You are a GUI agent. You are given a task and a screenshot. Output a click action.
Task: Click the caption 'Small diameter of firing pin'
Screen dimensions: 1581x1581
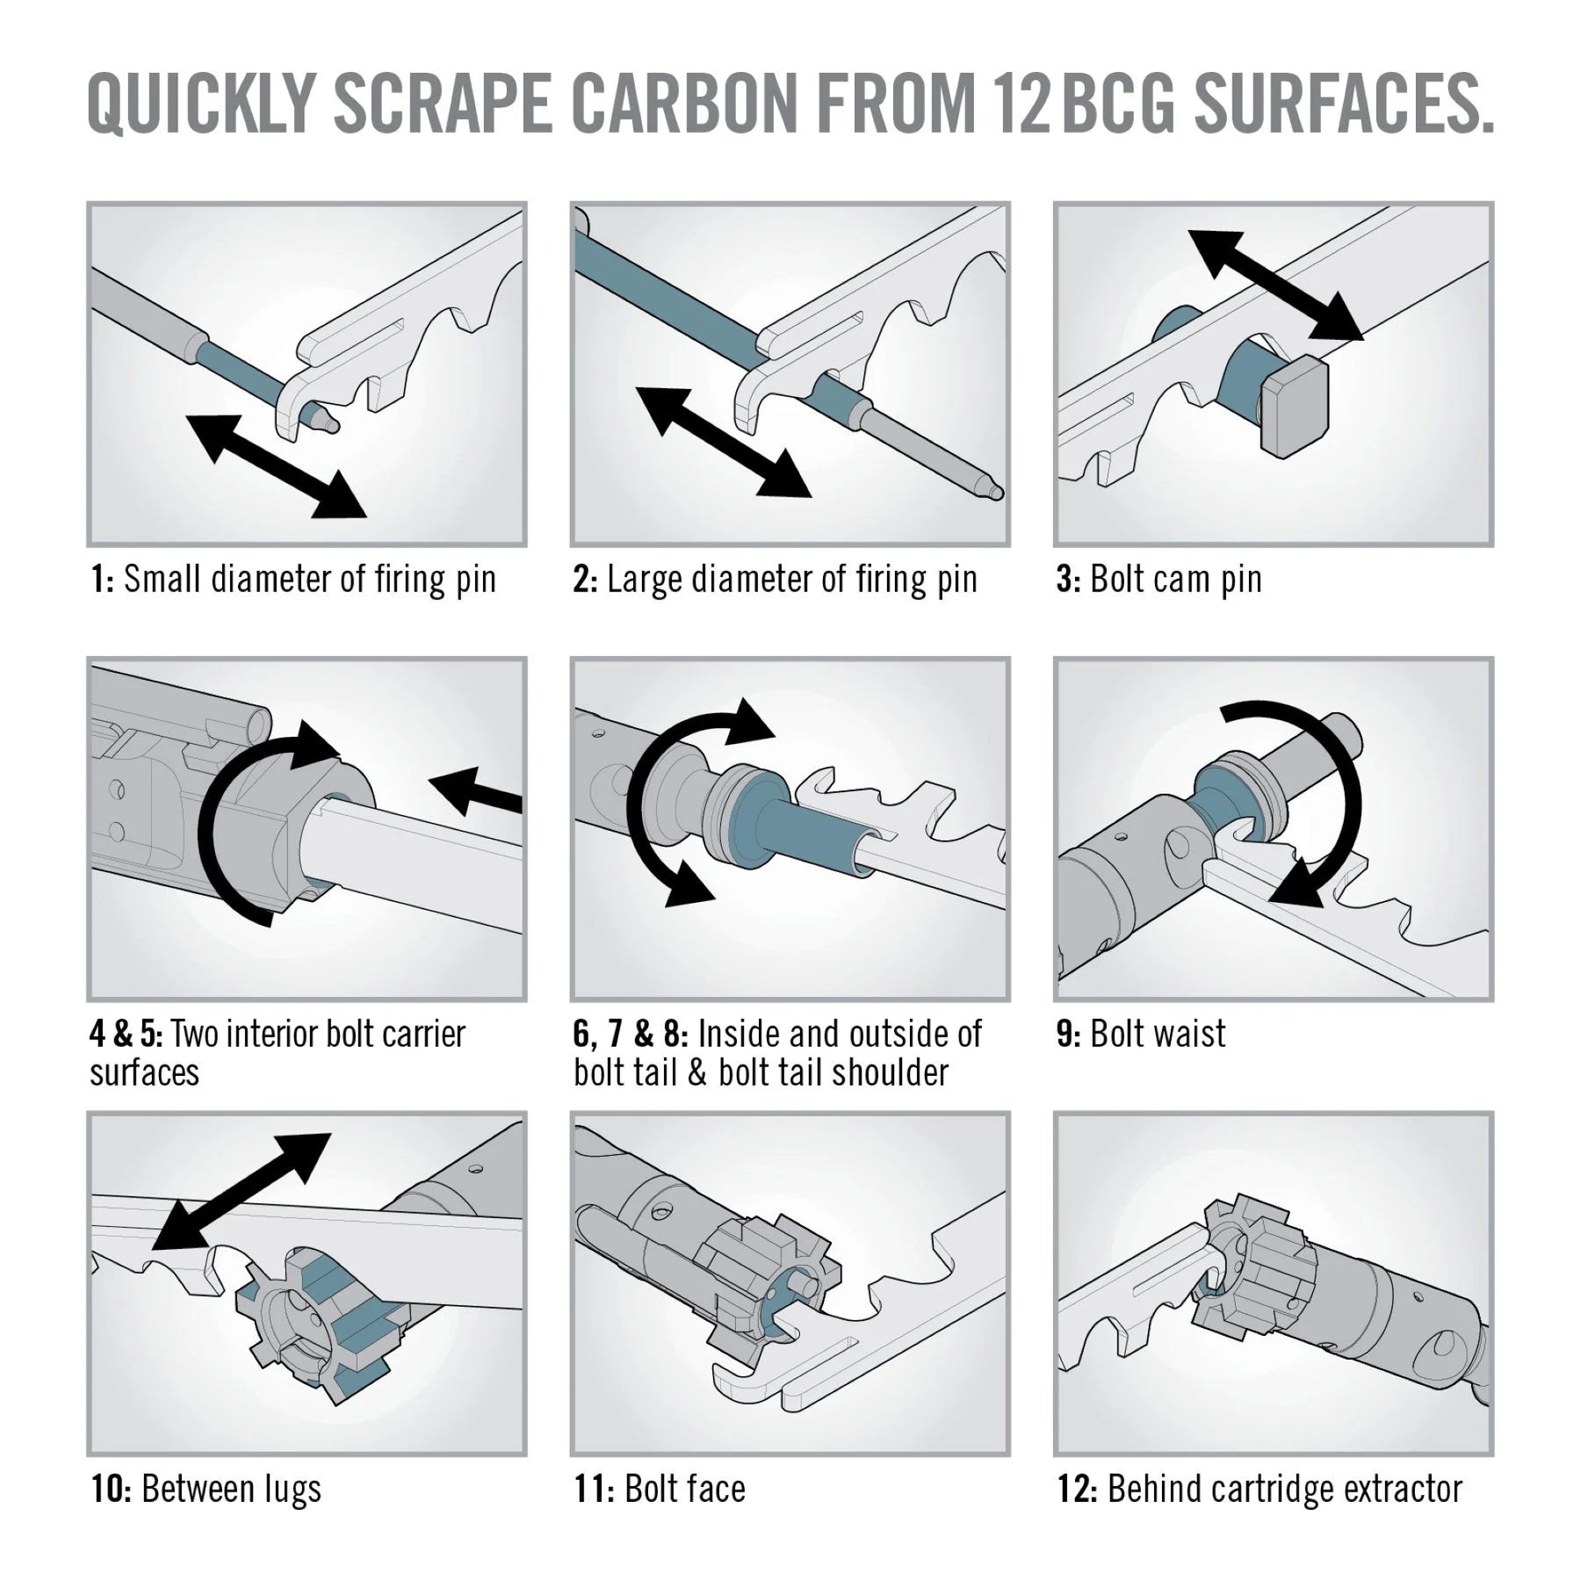309,580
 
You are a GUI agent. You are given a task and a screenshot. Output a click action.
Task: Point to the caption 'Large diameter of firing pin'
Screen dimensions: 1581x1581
791,580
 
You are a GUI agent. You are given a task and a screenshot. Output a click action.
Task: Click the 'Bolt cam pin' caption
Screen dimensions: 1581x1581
1175,580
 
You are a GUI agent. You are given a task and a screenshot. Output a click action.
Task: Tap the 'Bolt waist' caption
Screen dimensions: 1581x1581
1157,1034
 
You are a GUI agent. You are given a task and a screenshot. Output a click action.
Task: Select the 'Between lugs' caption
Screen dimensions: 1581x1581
231,1489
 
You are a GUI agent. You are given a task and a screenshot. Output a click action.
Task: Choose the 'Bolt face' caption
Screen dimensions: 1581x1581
684,1489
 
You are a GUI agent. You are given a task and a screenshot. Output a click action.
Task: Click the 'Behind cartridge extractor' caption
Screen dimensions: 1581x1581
1284,1489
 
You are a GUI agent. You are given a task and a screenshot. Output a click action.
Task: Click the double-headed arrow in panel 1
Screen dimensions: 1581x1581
276,466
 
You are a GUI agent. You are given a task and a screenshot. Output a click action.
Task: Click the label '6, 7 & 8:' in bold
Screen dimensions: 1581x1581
630,1034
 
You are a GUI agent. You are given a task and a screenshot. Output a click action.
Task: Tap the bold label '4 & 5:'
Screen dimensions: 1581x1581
126,1034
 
